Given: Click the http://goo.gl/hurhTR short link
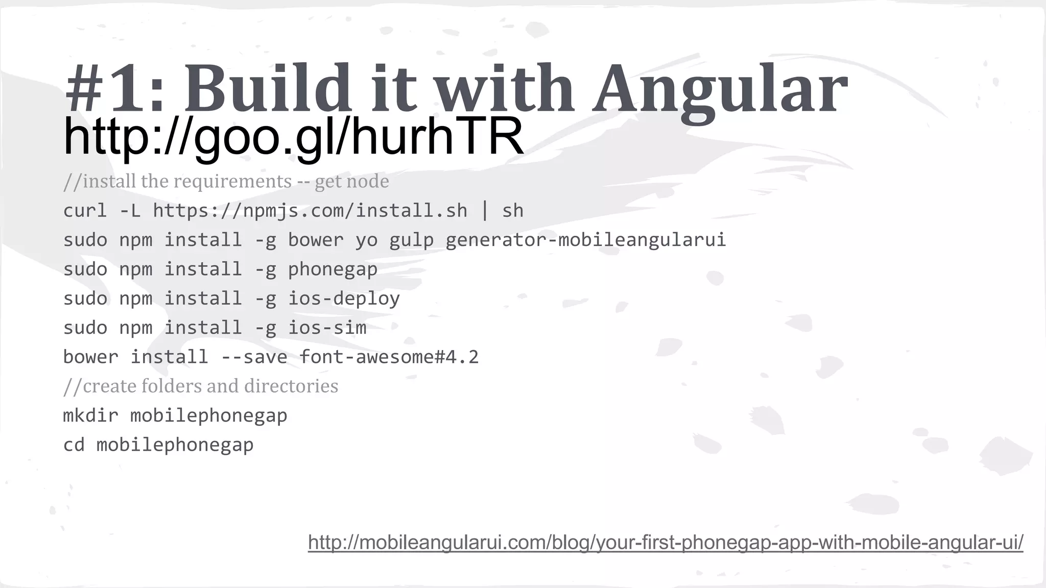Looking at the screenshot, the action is (293, 136).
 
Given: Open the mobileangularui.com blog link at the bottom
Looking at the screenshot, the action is (665, 542).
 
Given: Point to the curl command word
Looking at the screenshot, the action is (85, 211).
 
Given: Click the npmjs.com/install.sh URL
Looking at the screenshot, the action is (310, 211).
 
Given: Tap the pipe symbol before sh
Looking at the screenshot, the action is (485, 211).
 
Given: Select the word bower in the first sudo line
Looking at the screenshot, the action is (316, 240).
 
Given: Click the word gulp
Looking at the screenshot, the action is (411, 240).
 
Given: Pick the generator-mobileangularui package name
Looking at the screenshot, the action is (585, 240).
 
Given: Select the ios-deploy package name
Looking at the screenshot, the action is (344, 299).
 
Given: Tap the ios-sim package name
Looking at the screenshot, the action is (327, 328).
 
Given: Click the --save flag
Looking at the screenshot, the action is (254, 357).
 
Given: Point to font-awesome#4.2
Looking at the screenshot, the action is (389, 357).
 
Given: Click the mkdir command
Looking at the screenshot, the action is (90, 415).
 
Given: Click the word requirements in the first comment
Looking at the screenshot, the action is (232, 181).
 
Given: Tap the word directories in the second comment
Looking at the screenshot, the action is (291, 386).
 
